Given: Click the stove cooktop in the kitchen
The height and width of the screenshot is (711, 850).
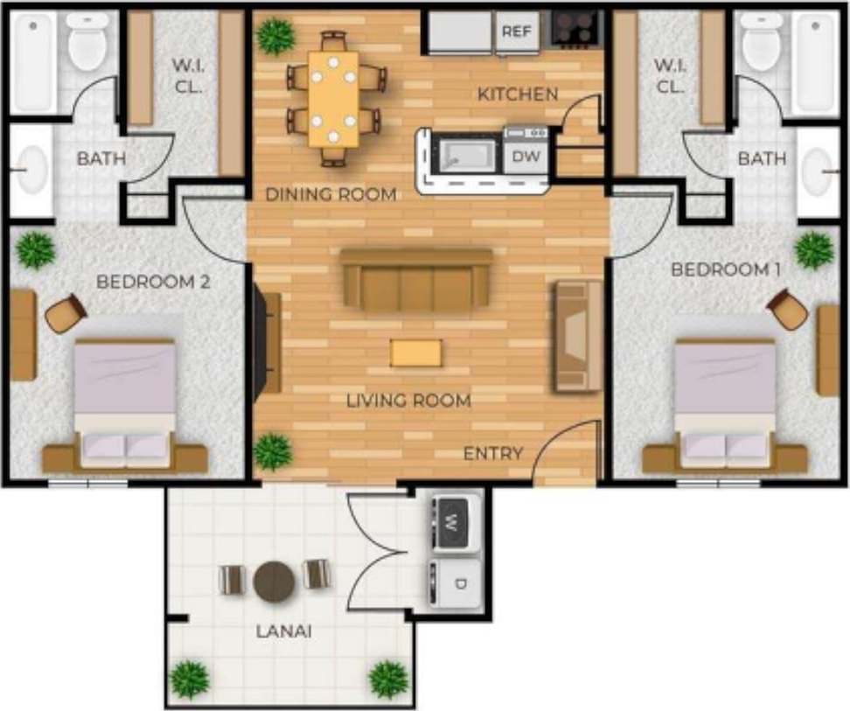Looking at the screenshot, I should pyautogui.click(x=576, y=30).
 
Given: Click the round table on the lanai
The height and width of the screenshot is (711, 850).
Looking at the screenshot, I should pyautogui.click(x=275, y=580).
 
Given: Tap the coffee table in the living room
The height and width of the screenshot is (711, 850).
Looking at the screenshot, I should pyautogui.click(x=416, y=352).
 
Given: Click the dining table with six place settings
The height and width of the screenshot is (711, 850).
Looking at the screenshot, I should pyautogui.click(x=333, y=98).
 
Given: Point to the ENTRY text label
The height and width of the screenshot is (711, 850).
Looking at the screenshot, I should pyautogui.click(x=493, y=453).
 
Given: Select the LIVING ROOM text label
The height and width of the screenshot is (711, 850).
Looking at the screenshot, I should pyautogui.click(x=408, y=401).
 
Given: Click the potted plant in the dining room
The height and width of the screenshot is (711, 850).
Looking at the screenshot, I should pyautogui.click(x=276, y=36).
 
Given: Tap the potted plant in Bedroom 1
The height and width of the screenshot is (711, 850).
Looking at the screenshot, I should pyautogui.click(x=814, y=249).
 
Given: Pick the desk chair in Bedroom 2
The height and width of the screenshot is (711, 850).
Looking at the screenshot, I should pyautogui.click(x=65, y=313).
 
